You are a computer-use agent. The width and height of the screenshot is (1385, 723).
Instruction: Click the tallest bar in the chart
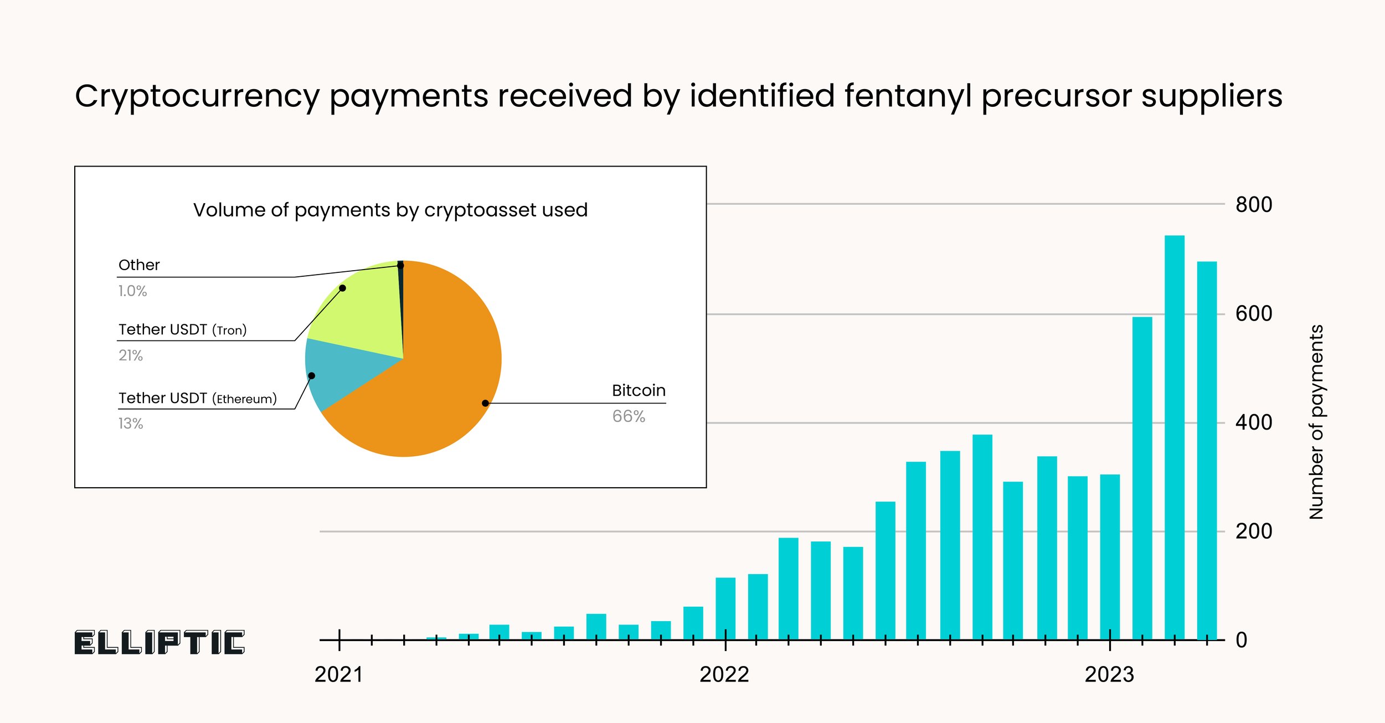[1174, 437]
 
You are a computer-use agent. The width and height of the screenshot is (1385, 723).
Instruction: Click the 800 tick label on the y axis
[1254, 205]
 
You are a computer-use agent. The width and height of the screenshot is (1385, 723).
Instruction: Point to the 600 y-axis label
[1254, 314]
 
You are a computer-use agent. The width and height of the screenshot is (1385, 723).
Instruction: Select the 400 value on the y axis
[1254, 423]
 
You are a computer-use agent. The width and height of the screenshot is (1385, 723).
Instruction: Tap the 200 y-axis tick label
[1254, 531]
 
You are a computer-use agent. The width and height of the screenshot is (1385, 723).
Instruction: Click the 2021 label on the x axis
[339, 675]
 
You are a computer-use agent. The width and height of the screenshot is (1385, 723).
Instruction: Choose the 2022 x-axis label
[724, 675]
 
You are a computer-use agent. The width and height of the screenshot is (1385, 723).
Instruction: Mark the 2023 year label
[1109, 675]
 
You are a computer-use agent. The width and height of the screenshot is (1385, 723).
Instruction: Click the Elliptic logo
[159, 643]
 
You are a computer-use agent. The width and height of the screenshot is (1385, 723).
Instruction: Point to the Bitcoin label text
[639, 391]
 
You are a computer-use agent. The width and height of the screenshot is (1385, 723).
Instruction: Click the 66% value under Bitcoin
[629, 416]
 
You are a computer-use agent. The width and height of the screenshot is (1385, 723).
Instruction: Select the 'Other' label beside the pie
[139, 265]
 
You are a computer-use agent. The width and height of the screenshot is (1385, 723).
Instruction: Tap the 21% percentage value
[131, 355]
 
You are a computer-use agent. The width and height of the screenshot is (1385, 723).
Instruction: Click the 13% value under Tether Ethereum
[131, 424]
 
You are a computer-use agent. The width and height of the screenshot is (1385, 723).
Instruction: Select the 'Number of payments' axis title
[1316, 422]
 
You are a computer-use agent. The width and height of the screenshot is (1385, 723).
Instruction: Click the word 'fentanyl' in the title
[908, 96]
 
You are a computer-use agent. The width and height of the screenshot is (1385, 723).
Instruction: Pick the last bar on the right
[1207, 451]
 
